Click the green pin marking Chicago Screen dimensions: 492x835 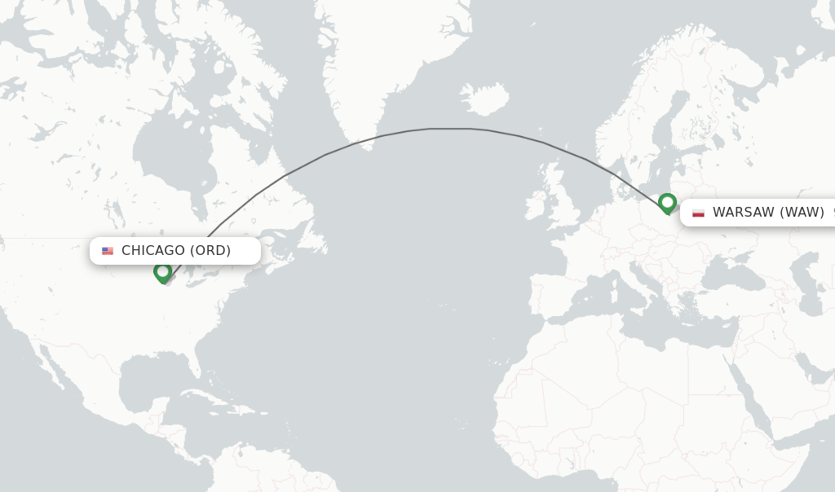162,272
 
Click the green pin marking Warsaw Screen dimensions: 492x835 667,202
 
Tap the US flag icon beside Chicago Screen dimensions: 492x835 108,251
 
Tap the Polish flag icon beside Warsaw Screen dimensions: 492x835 698,213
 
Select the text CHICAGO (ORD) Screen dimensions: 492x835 176,251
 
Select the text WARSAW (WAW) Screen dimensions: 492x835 768,213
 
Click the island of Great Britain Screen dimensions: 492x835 561,200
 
